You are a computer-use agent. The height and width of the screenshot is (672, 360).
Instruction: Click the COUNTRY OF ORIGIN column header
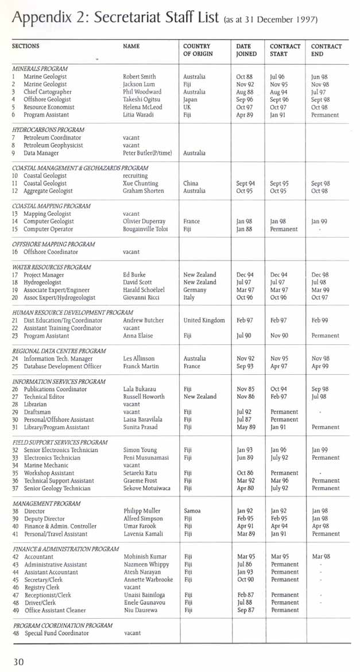click(198, 50)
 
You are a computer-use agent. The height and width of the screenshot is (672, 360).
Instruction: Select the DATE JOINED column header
click(247, 50)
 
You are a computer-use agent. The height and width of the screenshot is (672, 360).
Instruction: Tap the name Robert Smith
click(139, 76)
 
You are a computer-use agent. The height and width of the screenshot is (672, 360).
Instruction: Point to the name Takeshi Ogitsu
click(141, 99)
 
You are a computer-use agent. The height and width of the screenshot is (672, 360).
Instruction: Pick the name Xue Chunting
click(141, 184)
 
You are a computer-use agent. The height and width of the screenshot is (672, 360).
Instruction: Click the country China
click(191, 184)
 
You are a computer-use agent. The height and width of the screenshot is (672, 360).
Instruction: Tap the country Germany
click(195, 290)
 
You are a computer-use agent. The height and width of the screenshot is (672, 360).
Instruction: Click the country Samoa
click(192, 511)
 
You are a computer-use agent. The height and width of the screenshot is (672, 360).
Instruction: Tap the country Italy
click(189, 297)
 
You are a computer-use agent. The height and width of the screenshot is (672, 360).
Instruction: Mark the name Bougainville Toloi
click(146, 229)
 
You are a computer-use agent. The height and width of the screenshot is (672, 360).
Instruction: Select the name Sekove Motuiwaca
click(147, 488)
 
